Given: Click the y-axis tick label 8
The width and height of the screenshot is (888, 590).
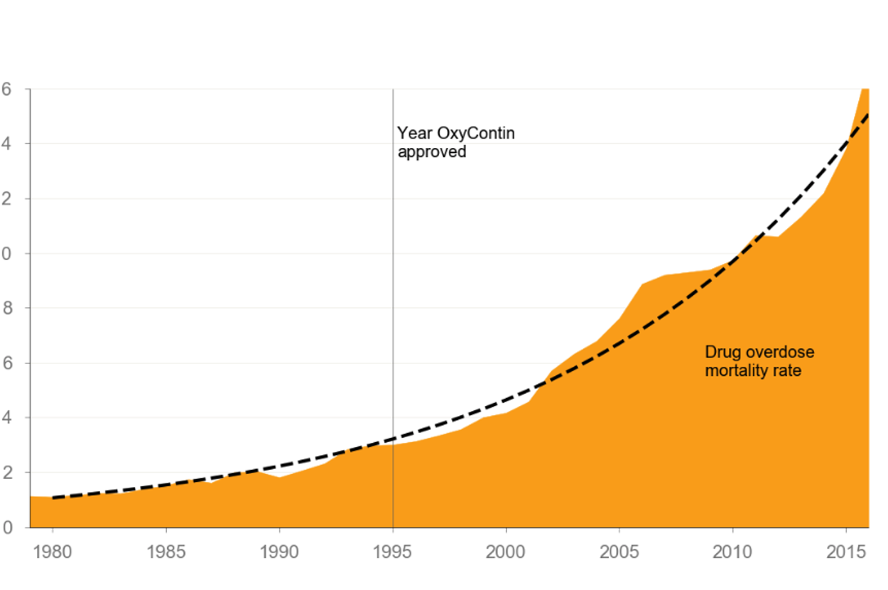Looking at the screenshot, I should pyautogui.click(x=7, y=309).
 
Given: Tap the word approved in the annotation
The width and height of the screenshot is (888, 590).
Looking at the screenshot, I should pyautogui.click(x=432, y=151).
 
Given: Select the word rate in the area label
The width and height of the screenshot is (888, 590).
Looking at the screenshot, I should pyautogui.click(x=787, y=370).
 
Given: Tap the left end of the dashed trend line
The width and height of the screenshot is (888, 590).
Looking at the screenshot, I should pyautogui.click(x=53, y=498).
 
